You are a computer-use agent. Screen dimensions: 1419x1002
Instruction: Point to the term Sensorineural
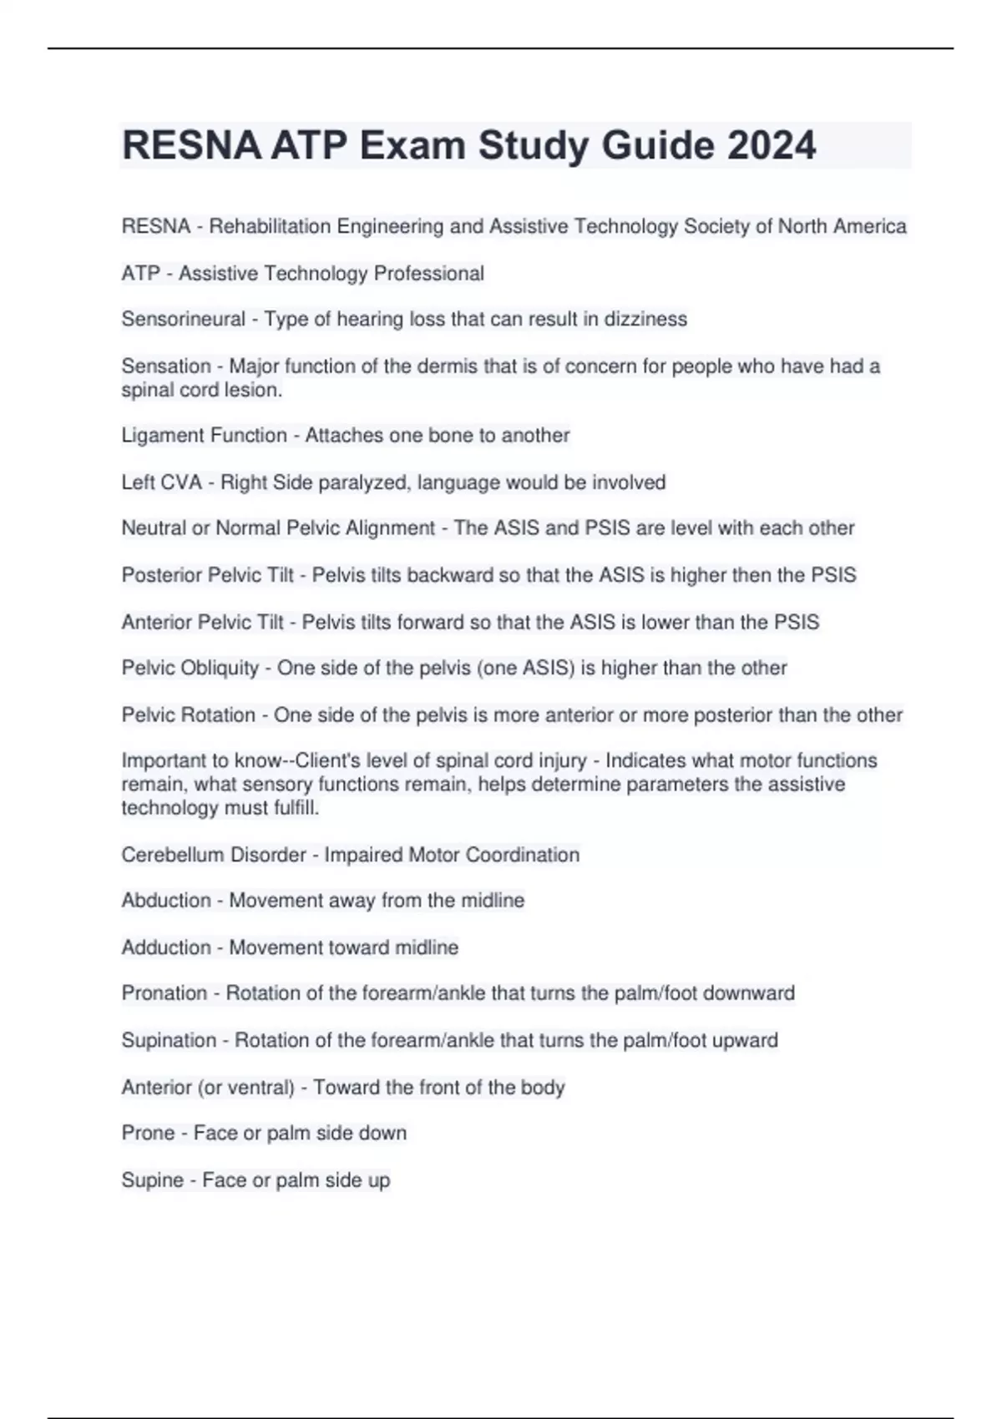coord(183,319)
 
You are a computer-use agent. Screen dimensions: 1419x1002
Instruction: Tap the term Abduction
coord(166,900)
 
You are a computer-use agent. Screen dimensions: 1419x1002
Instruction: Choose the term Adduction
coord(166,947)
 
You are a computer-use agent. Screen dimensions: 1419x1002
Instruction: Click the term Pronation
coord(164,992)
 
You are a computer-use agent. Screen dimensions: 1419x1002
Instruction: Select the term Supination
coord(169,1040)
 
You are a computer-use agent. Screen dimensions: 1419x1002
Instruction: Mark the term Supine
coord(152,1179)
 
